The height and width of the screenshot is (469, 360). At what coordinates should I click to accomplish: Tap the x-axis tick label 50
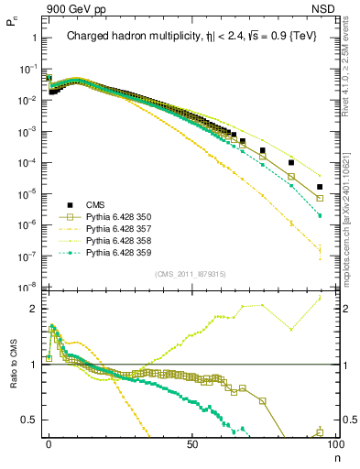click(x=191, y=442)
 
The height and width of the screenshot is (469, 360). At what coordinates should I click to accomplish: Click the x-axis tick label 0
click(x=49, y=442)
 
